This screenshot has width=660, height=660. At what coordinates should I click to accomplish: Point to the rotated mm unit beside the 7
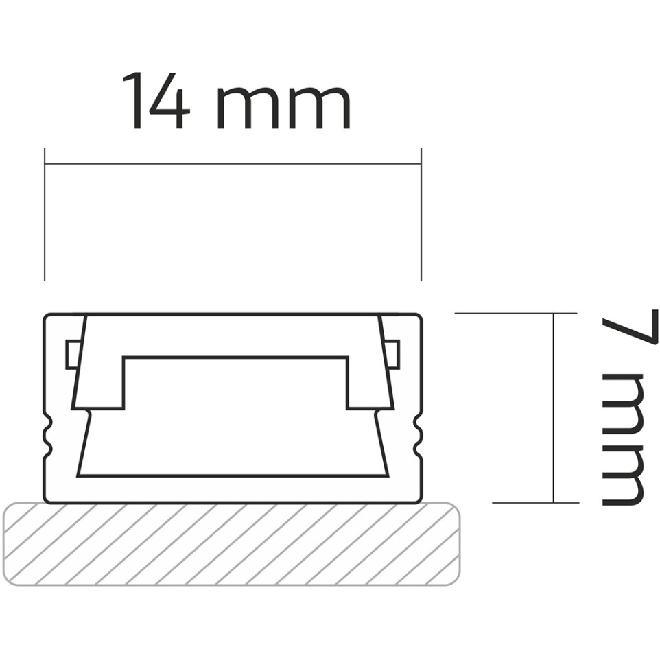tap(623, 439)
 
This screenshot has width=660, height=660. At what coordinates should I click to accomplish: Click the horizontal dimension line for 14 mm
tap(233, 165)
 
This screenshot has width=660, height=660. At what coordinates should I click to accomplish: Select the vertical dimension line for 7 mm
tap(554, 408)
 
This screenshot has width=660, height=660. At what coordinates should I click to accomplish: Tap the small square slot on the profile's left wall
tap(72, 355)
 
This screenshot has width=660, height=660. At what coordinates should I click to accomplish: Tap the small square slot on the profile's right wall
tap(392, 355)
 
